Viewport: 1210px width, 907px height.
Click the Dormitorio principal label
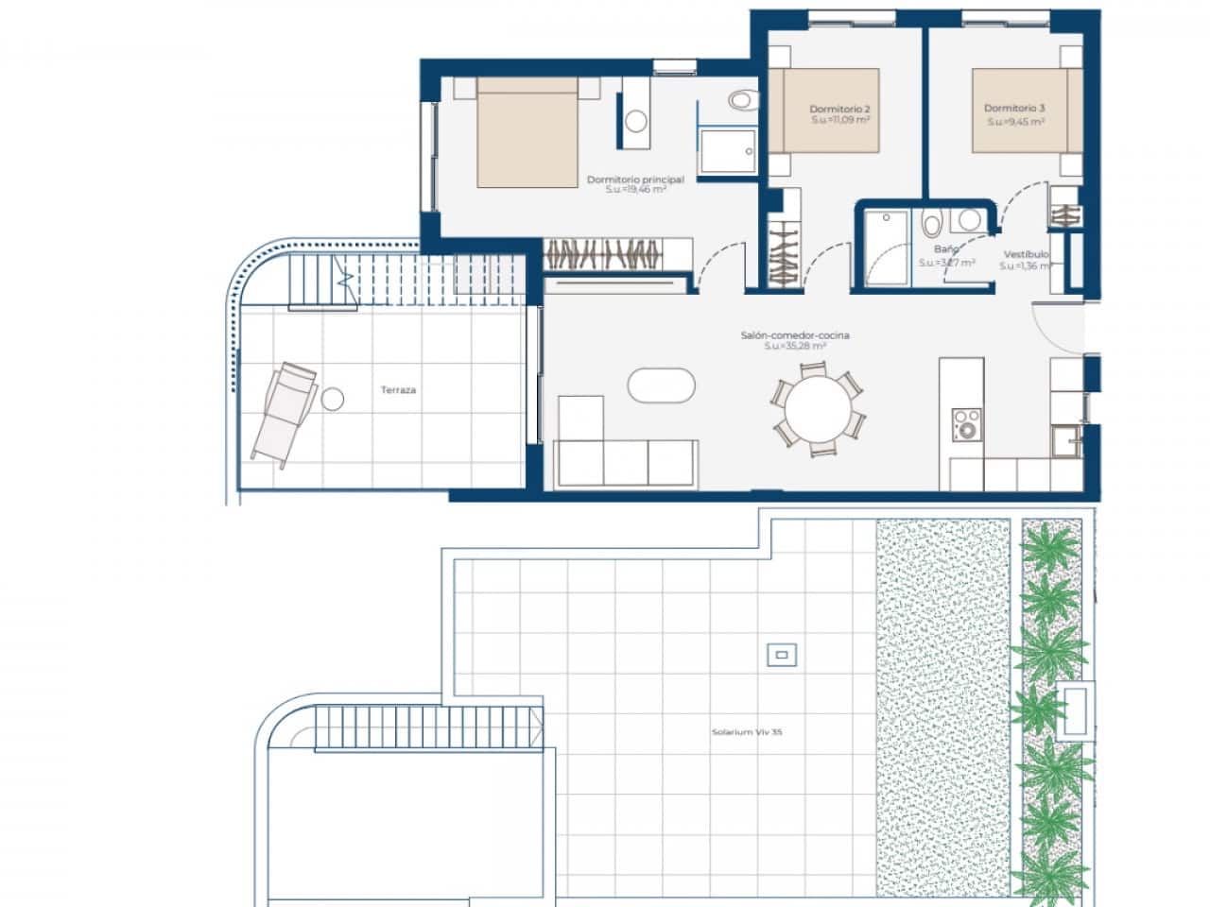click(634, 179)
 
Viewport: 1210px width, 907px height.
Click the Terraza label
click(398, 389)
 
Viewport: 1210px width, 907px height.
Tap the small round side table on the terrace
click(332, 400)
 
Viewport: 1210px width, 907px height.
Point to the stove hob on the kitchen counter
click(966, 424)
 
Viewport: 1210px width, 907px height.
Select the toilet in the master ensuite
click(743, 100)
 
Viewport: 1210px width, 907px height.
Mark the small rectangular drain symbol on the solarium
click(782, 654)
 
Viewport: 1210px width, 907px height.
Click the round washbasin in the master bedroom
click(636, 121)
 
